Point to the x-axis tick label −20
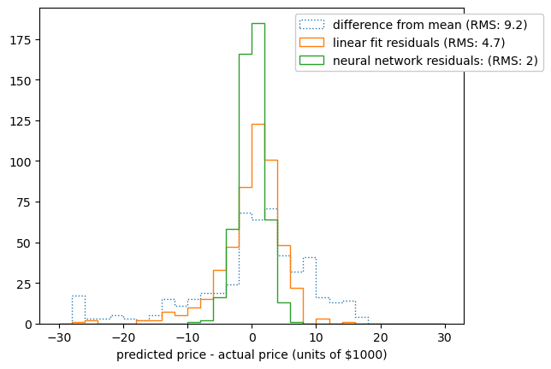coord(123,337)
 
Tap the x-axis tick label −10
coord(187,337)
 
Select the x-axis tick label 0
coord(252,337)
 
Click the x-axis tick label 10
coord(316,337)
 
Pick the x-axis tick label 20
coord(380,337)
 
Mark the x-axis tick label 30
coord(444,337)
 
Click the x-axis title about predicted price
coord(252,354)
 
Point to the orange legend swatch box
coord(313,42)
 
